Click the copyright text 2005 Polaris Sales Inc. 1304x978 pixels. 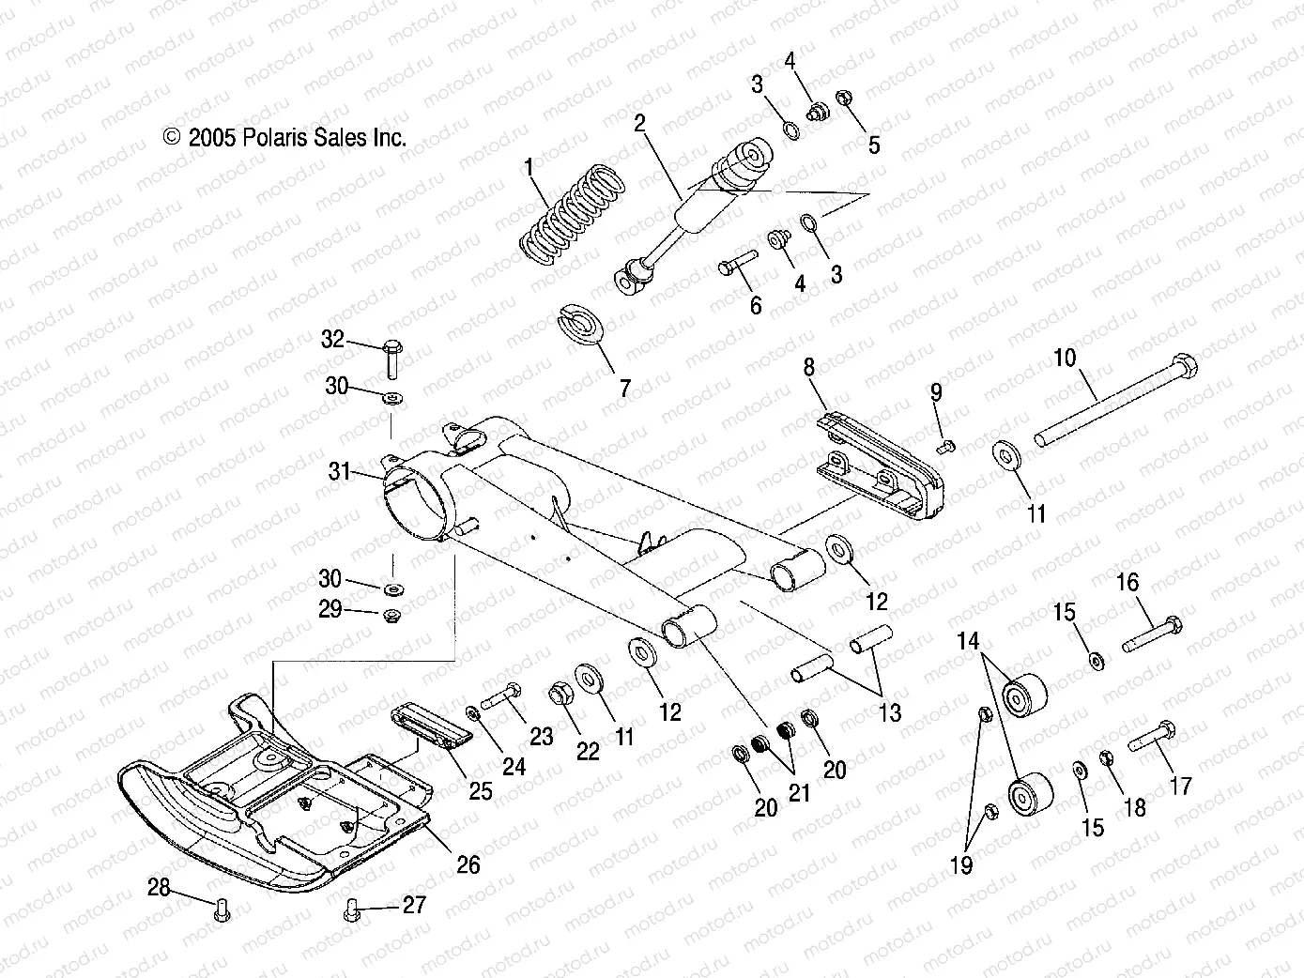coord(285,138)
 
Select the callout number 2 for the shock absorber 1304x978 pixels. coord(639,124)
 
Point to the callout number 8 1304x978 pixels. coord(808,365)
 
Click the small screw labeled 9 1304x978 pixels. coord(946,446)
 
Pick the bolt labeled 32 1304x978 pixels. coord(392,357)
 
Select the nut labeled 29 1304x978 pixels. coord(391,616)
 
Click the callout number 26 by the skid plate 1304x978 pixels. coord(467,863)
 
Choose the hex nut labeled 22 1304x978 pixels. coord(559,696)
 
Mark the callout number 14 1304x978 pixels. coord(968,642)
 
